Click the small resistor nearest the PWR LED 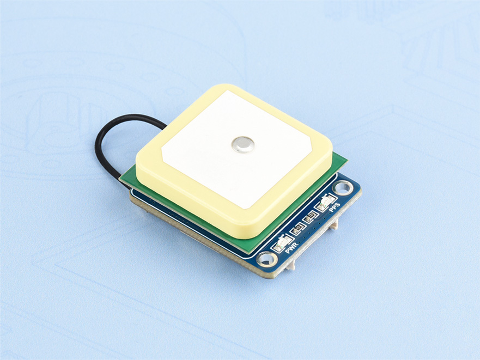tap(296, 230)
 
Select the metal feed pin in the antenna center tap(241, 144)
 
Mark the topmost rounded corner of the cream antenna tap(227, 88)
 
